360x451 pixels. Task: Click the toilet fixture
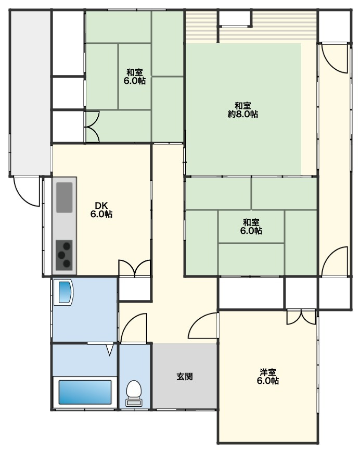[134, 393]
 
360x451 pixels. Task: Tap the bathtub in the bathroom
[85, 392]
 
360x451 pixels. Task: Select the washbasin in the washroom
[63, 292]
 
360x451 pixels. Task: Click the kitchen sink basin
[64, 197]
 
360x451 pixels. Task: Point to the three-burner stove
[64, 255]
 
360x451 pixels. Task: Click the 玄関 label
[185, 376]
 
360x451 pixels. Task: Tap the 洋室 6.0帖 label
[268, 377]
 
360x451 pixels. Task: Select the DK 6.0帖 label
[101, 210]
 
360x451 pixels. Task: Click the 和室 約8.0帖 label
[243, 110]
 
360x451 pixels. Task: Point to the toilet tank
[134, 403]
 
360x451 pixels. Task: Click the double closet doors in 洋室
[301, 317]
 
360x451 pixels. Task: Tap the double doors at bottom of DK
[134, 268]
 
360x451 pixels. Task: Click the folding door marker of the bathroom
[109, 350]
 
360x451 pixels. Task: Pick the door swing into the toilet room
[134, 328]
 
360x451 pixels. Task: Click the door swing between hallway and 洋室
[203, 325]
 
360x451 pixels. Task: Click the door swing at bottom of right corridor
[335, 261]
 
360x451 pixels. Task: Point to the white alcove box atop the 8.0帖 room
[235, 18]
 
